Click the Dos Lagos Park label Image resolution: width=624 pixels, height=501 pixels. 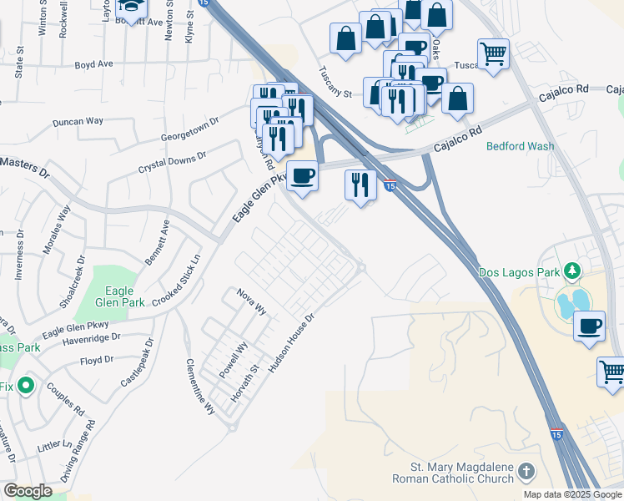(520, 272)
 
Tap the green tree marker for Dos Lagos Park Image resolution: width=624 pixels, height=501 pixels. (572, 271)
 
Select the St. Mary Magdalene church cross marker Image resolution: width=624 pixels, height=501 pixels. (526, 472)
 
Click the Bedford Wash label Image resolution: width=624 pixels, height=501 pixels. (520, 146)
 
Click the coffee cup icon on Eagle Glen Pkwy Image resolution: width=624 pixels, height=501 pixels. (302, 176)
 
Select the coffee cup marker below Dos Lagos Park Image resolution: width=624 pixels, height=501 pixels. (590, 325)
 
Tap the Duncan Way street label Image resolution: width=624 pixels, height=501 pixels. (78, 121)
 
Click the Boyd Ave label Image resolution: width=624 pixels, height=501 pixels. (93, 63)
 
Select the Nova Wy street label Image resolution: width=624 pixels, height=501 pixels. (251, 301)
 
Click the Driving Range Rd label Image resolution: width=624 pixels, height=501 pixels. (78, 451)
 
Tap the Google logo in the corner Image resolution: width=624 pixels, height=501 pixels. (28, 491)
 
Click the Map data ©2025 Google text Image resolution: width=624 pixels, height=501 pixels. (571, 494)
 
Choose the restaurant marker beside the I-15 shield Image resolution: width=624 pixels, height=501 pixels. (360, 184)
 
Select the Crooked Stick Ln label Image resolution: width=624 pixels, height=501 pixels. (186, 281)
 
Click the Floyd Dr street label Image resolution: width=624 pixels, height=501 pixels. (97, 360)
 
